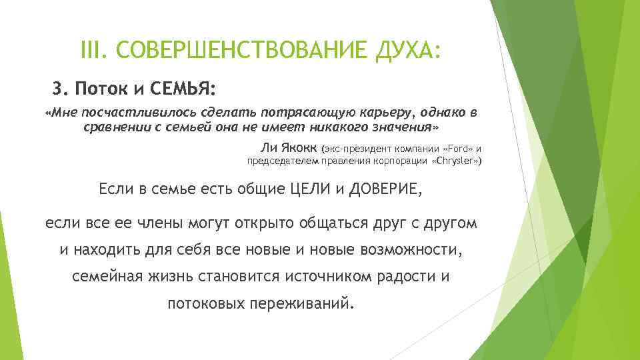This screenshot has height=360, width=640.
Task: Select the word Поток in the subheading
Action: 99,89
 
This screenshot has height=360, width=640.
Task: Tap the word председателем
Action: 281,161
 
